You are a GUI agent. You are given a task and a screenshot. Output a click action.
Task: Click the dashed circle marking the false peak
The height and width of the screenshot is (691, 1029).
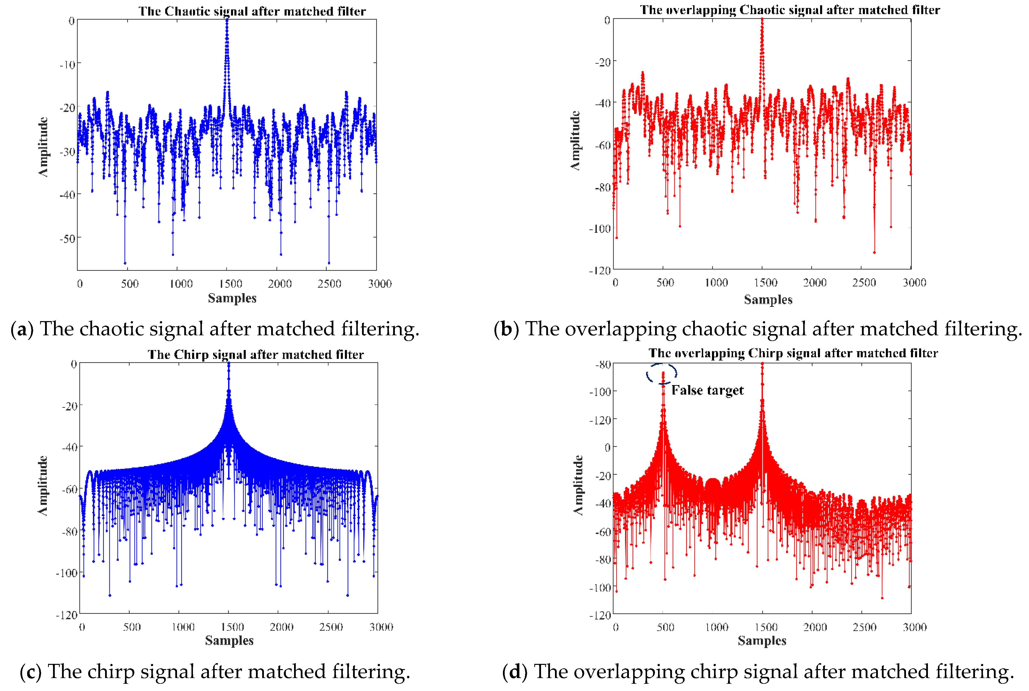pos(662,374)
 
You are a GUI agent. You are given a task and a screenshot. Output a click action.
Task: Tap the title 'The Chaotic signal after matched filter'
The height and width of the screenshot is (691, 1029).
pos(252,11)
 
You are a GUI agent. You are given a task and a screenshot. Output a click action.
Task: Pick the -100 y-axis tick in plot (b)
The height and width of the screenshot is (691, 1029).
pos(599,229)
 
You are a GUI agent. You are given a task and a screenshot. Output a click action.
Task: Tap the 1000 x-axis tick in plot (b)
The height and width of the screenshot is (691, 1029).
pos(716,283)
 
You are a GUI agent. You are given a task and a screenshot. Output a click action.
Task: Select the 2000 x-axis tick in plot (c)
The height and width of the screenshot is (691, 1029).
pos(281,627)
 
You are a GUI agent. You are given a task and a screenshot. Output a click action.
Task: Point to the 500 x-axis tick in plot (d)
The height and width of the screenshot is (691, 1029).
pos(665,627)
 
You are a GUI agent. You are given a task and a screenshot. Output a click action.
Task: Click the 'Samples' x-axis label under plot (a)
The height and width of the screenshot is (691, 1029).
pos(232,298)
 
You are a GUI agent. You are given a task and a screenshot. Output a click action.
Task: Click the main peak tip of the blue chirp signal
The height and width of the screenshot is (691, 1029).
pos(228,364)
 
